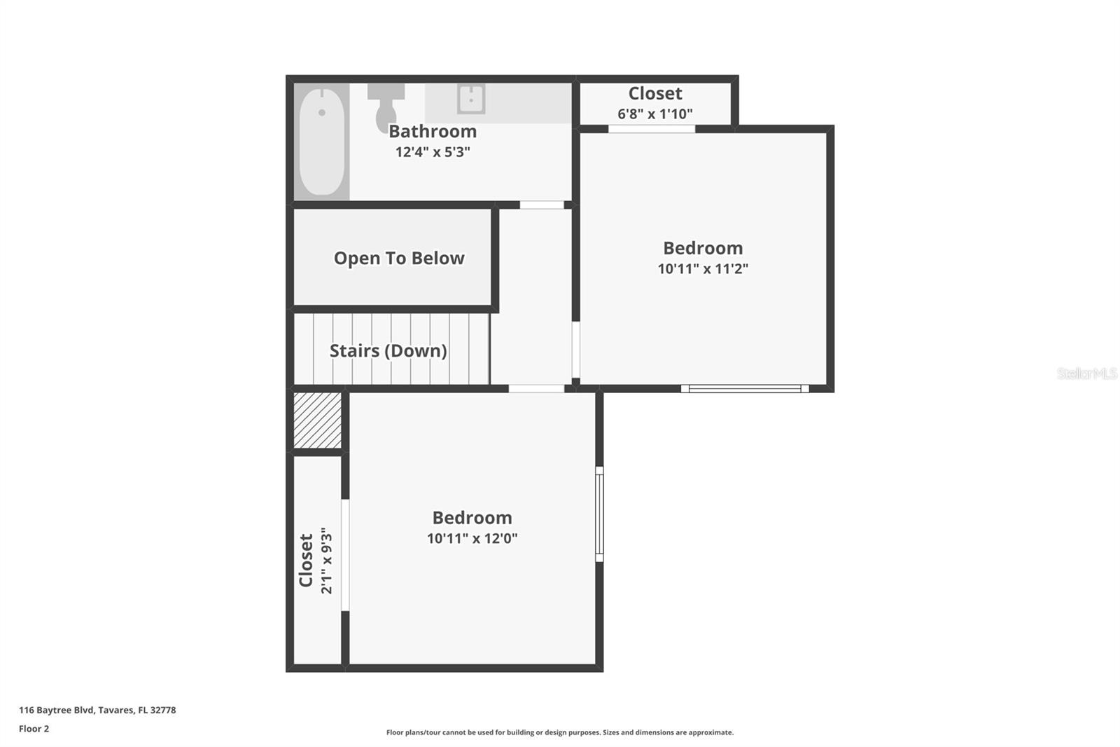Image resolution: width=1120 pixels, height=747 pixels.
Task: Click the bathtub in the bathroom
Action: (x=321, y=141)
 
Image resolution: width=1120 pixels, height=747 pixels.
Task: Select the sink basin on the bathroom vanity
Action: (x=471, y=99)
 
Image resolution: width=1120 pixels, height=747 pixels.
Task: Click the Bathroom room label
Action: (x=433, y=131)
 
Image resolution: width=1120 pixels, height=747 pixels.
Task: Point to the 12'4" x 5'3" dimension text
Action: (x=433, y=151)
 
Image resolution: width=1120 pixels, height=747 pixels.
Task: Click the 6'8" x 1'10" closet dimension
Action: (x=654, y=114)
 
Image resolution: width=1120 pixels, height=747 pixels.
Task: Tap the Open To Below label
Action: (x=399, y=259)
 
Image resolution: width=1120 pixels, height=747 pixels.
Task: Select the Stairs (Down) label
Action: (x=388, y=350)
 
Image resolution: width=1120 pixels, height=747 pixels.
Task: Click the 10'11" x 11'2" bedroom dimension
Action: (x=703, y=268)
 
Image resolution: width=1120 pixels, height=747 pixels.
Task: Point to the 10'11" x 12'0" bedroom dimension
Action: (x=472, y=538)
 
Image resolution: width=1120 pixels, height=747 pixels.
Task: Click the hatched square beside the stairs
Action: (x=317, y=420)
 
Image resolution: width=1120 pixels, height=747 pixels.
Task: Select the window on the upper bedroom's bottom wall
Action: (x=745, y=388)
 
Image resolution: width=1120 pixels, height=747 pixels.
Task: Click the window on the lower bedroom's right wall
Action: (x=599, y=514)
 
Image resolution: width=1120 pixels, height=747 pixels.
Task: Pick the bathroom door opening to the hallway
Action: (x=542, y=205)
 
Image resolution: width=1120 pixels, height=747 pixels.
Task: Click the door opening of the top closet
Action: (x=652, y=129)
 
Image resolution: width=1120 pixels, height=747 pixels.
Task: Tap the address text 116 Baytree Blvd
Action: (x=97, y=710)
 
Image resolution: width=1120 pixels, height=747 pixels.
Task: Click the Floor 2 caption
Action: (x=34, y=729)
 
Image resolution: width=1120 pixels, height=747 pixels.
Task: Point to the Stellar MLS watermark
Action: (x=1086, y=373)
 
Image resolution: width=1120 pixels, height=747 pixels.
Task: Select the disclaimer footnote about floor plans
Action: (x=560, y=732)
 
